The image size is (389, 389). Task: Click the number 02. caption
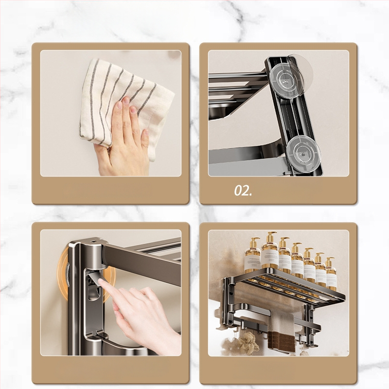[x=243, y=191]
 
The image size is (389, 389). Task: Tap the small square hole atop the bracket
[x=94, y=240]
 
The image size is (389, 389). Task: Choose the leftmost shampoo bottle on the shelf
[x=252, y=257]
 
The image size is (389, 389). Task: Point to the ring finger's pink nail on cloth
[x=133, y=110]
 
